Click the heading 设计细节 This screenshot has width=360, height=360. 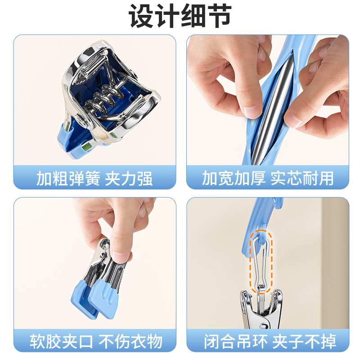coord(180,17)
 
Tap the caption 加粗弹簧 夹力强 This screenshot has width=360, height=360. coord(94,179)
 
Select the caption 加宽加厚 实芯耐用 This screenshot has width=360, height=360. coord(268,179)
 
